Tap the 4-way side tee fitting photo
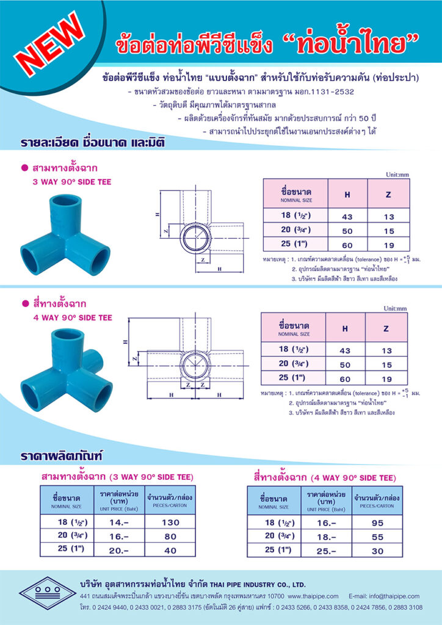(x=67, y=366)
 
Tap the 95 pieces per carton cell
(x=377, y=523)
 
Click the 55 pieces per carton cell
(x=377, y=536)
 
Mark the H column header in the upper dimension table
(x=347, y=194)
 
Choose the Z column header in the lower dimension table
(x=386, y=328)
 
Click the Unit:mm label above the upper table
(x=397, y=175)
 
